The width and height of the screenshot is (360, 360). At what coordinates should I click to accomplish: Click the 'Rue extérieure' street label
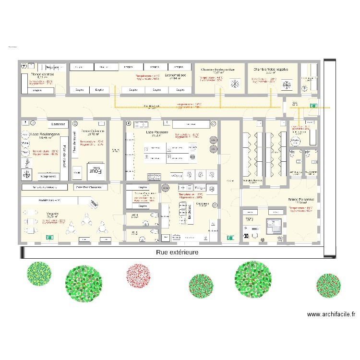pyautogui.click(x=177, y=252)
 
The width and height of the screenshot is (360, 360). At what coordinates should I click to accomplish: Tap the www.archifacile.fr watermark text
pyautogui.click(x=331, y=315)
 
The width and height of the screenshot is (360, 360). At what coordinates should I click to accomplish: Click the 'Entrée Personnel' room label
pyautogui.click(x=301, y=199)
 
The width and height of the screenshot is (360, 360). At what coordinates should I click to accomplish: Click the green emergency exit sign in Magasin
pyautogui.click(x=48, y=237)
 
